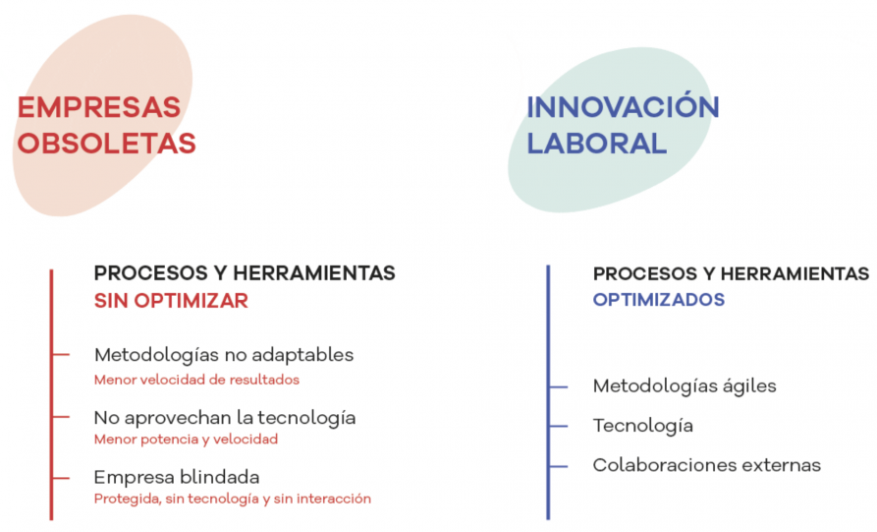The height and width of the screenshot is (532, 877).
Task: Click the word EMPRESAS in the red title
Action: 99,107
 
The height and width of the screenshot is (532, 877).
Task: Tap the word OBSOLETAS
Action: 106,144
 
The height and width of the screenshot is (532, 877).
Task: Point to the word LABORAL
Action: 597,144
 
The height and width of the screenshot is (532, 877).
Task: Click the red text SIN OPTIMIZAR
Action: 171,301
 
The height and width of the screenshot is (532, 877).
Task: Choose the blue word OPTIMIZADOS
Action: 659,300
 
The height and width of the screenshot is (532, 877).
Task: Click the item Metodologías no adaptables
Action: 224,355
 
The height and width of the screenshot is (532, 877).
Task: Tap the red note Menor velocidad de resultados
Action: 196,380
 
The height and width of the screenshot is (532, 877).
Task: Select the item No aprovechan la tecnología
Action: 225,418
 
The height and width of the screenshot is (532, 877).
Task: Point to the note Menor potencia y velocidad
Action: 186,439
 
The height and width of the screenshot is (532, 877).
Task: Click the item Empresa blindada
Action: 177,477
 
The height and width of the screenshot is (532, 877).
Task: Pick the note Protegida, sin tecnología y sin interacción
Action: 233,499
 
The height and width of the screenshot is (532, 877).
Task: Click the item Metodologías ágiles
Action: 685,386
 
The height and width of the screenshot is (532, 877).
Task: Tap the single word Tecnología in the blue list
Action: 643,426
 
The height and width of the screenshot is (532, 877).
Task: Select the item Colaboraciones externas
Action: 707,465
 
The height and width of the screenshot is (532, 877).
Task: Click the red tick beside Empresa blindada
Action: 61,478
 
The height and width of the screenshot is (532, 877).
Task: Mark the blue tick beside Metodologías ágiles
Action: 559,387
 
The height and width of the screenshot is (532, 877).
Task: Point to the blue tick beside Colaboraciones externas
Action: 559,466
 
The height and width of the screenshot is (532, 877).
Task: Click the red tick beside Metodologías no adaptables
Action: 61,354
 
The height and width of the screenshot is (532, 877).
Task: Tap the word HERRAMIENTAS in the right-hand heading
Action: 795,273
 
